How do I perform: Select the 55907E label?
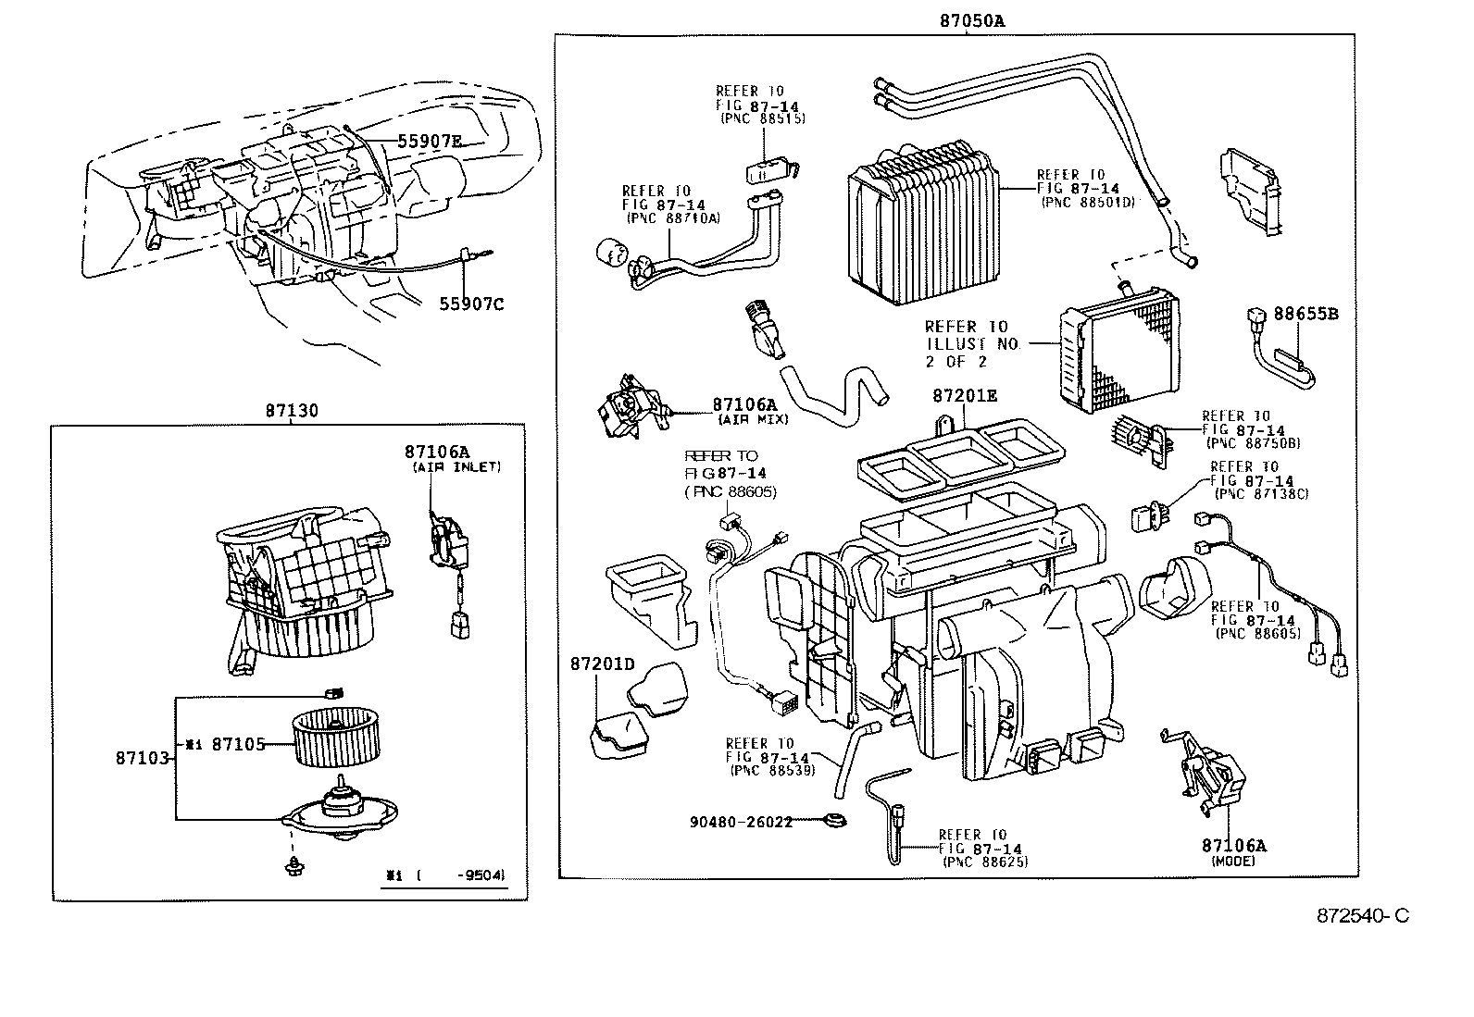coord(430,142)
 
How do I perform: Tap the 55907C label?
coord(472,304)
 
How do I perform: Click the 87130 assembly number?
coord(292,412)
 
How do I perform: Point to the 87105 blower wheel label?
coord(239,743)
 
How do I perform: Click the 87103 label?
coord(142,758)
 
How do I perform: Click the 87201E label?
coord(965,395)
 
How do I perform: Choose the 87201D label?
coord(602,664)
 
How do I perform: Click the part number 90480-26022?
coord(741,822)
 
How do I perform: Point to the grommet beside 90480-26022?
coord(838,820)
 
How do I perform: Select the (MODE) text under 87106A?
coord(1232,862)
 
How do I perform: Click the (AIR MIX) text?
coord(753,419)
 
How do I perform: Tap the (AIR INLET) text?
coord(456,467)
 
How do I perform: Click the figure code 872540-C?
coord(1363,916)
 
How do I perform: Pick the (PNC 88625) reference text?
coord(985,862)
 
